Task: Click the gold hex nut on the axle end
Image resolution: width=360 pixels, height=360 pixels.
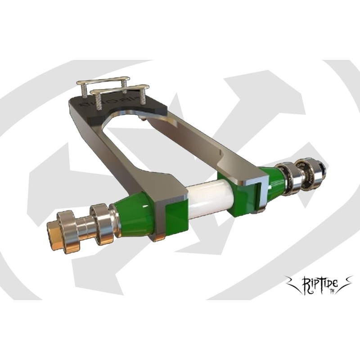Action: click(x=56, y=230)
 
